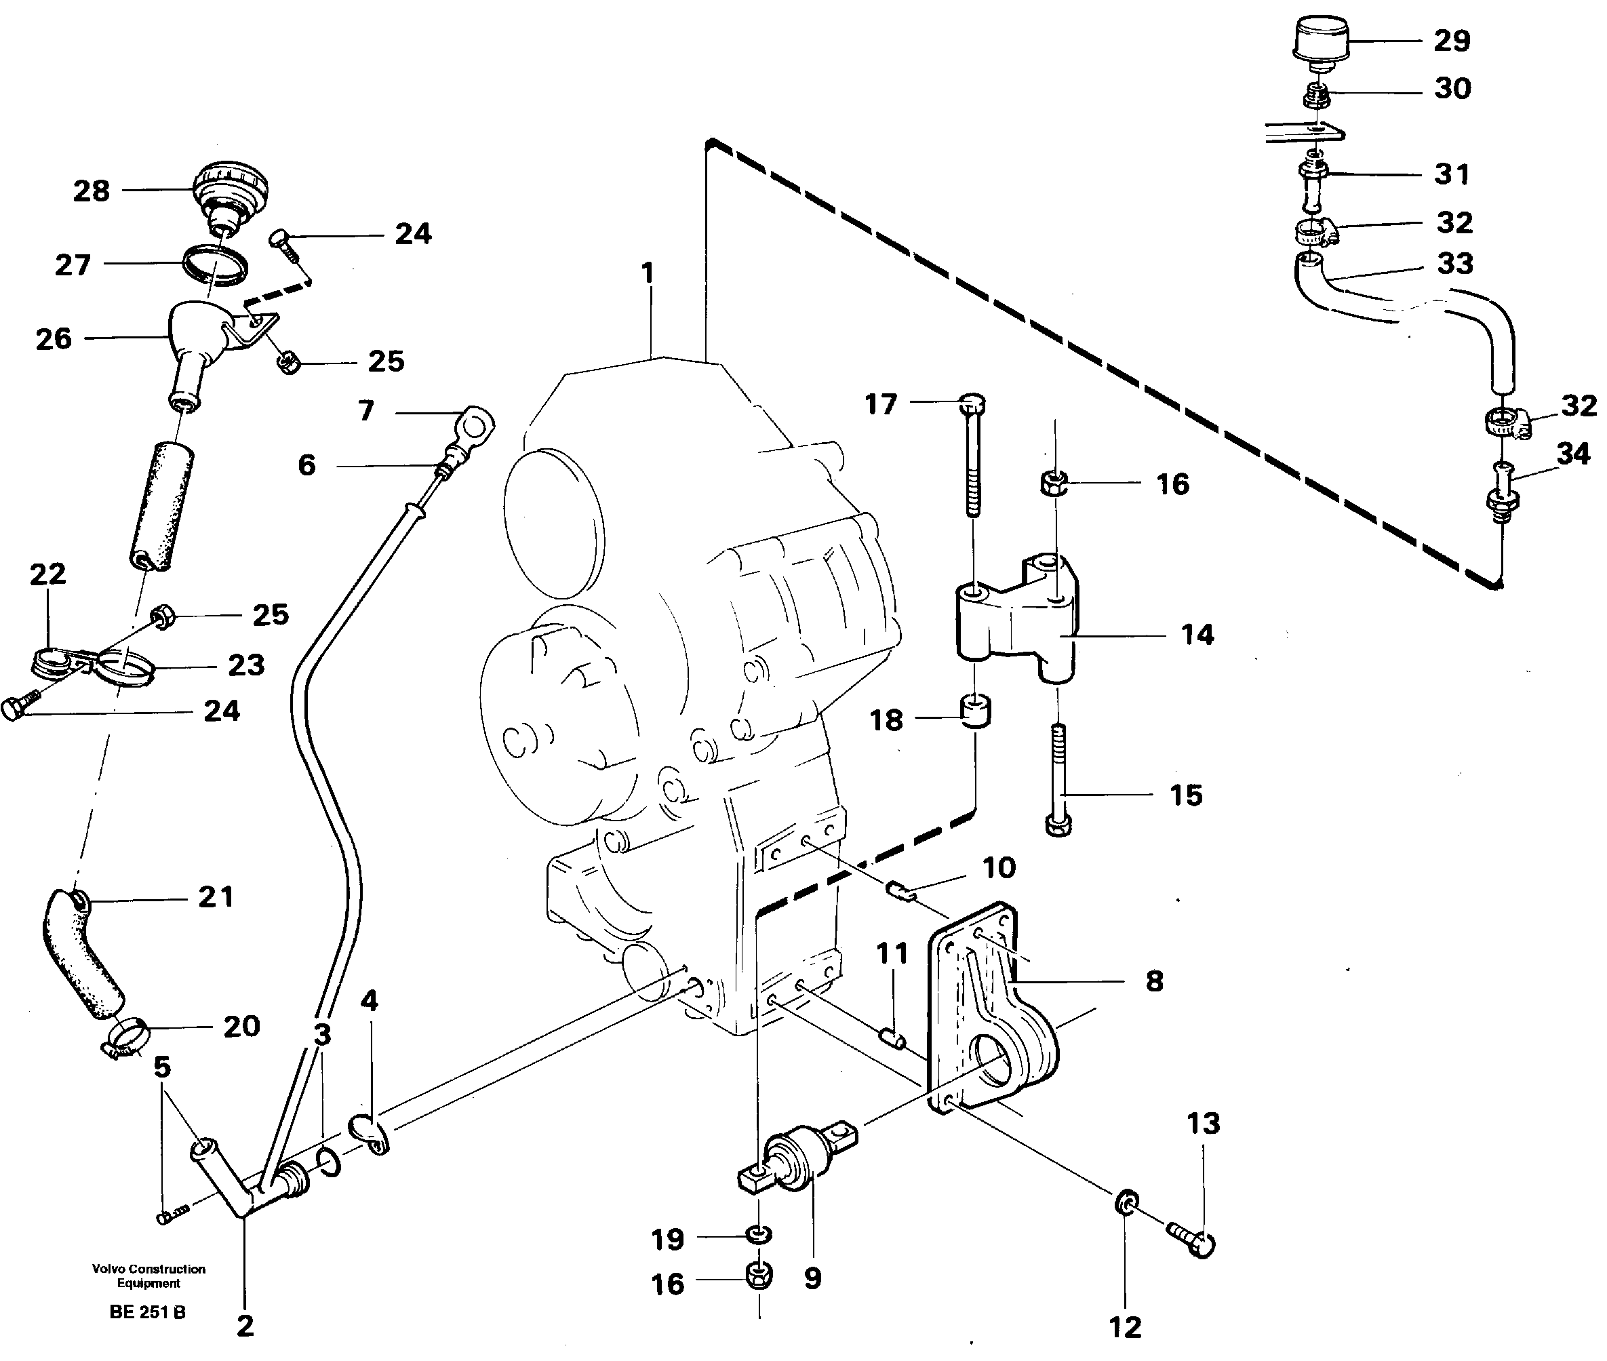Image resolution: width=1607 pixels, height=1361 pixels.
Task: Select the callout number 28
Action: tap(91, 191)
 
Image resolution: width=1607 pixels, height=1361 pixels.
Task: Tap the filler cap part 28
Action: tap(230, 193)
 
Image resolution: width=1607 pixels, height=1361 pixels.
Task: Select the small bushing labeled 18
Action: tap(974, 711)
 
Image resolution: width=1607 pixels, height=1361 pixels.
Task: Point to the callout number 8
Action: tap(1153, 981)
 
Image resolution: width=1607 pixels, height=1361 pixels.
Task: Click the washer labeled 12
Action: tap(1126, 1202)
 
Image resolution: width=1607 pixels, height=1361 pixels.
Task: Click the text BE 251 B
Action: tap(147, 1311)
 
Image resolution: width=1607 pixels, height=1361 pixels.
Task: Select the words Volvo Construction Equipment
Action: tap(148, 1276)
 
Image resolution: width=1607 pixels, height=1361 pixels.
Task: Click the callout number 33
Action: tap(1454, 264)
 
